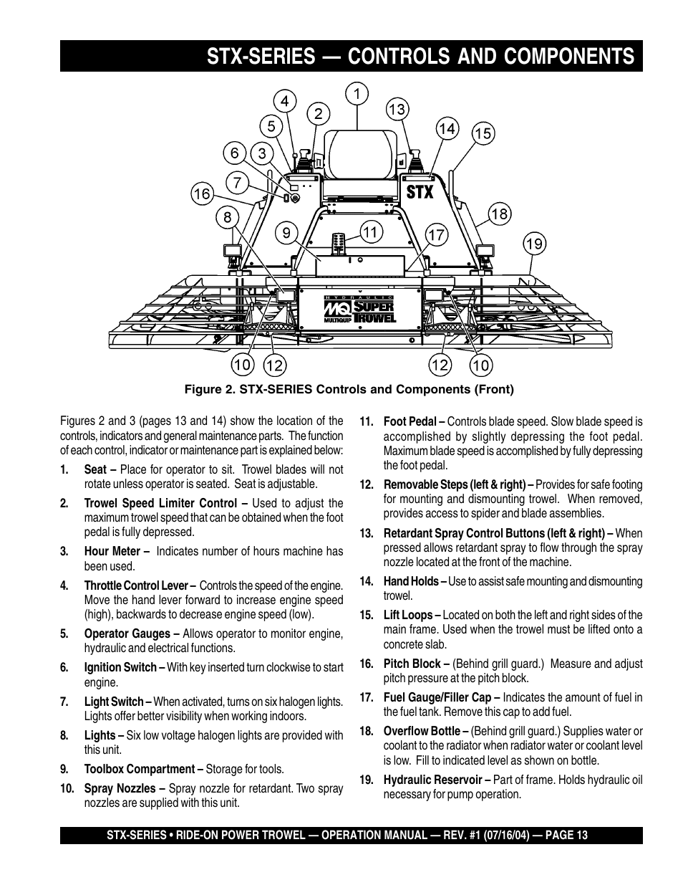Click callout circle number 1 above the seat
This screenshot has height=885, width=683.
pos(357,92)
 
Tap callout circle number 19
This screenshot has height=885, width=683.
pos(534,244)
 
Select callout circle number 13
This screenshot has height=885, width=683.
pos(397,109)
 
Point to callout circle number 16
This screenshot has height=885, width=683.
pos(202,193)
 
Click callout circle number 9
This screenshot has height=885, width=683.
pos(286,232)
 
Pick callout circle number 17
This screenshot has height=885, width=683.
pos(437,234)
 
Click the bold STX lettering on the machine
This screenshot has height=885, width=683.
pos(420,192)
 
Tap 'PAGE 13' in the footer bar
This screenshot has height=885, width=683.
pos(566,835)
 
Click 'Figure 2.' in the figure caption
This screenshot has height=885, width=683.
pos(208,390)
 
